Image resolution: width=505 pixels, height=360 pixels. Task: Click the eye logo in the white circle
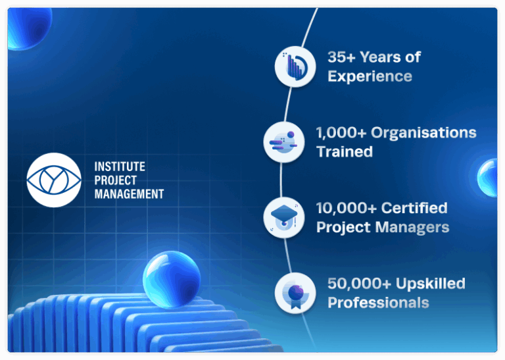click(x=54, y=180)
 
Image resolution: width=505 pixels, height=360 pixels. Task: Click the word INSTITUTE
click(x=120, y=167)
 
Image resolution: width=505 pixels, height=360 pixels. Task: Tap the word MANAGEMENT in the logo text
click(x=129, y=194)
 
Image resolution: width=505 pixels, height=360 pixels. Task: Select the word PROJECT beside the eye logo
click(x=116, y=180)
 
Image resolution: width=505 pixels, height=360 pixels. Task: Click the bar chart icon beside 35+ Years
click(x=295, y=66)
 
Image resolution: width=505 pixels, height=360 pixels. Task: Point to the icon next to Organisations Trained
click(x=284, y=142)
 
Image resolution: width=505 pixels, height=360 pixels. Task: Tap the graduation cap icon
click(x=284, y=218)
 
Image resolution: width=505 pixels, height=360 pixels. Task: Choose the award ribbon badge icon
click(x=295, y=293)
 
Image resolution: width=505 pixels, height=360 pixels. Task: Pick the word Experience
click(x=370, y=76)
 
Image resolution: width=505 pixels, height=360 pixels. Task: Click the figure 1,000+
click(x=341, y=133)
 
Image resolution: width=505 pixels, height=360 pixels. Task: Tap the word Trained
click(x=345, y=152)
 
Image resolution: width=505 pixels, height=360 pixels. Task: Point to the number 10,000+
click(x=347, y=208)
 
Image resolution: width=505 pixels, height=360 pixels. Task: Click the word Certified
click(x=414, y=208)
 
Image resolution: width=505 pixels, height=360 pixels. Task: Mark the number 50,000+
click(x=360, y=284)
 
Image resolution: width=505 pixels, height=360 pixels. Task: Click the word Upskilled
click(x=431, y=284)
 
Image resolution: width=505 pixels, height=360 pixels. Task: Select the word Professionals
click(x=379, y=303)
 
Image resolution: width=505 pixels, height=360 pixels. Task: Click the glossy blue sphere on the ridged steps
click(x=172, y=280)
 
